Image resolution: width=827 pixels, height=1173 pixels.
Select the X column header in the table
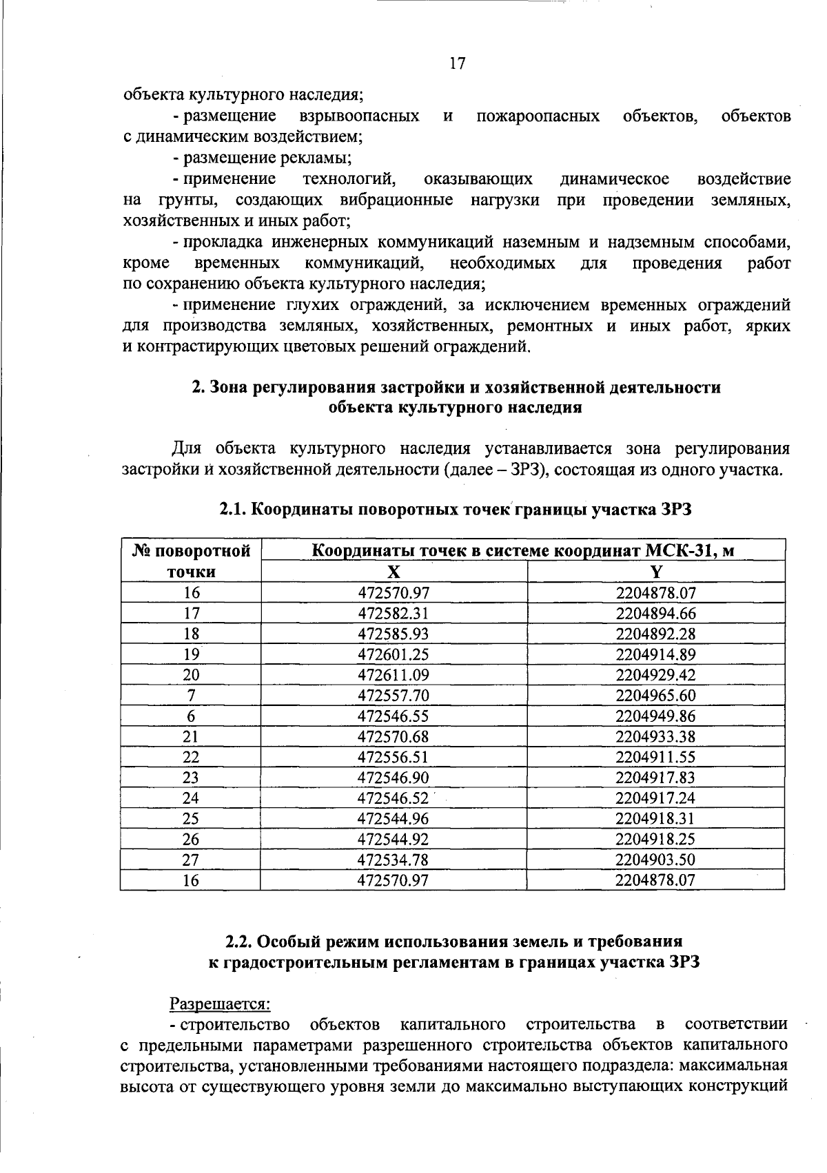[x=394, y=572]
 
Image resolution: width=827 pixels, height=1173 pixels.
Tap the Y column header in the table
[x=656, y=572]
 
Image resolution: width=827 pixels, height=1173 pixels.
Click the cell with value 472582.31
[x=394, y=613]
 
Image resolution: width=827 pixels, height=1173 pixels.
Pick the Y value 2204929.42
[x=656, y=675]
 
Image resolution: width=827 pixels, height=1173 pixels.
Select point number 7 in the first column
[x=191, y=696]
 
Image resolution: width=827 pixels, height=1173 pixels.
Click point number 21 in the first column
[x=191, y=736]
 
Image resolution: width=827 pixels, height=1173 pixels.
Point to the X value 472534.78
[x=394, y=860]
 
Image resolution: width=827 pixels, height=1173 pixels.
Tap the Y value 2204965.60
[x=656, y=696]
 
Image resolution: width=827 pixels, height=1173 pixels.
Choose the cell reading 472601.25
[x=394, y=654]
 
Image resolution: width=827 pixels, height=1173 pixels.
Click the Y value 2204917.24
[x=656, y=798]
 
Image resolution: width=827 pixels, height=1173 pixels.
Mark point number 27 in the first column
[x=191, y=860]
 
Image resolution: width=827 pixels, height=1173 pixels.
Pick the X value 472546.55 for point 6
[x=394, y=716]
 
